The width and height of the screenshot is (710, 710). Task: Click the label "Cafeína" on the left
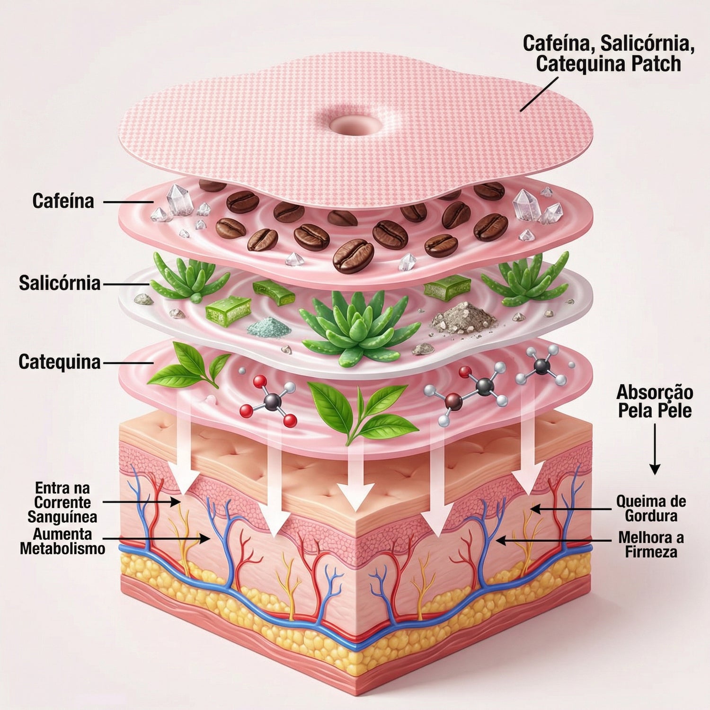[x=63, y=201]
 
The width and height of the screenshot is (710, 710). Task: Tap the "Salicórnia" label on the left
[x=60, y=284]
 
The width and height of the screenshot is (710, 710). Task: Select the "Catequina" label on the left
[x=60, y=362]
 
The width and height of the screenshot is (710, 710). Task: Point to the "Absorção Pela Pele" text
[x=655, y=401]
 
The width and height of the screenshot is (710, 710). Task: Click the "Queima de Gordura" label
[x=651, y=508]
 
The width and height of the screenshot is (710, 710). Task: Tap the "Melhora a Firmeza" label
[x=651, y=544]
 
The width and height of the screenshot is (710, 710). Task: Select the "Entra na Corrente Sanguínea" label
[x=62, y=502]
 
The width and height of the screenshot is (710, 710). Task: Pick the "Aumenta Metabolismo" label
[x=62, y=541]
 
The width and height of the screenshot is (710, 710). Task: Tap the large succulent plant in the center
[x=357, y=324]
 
